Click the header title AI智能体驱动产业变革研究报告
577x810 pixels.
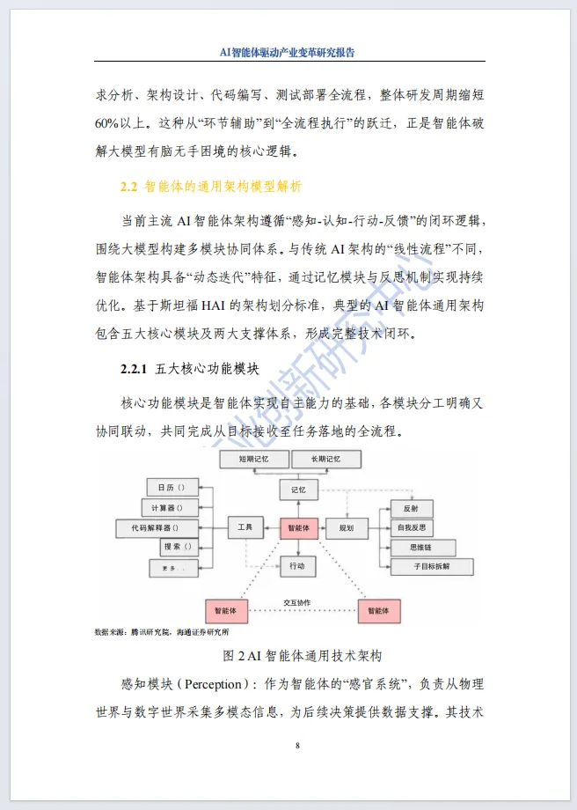pos(288,52)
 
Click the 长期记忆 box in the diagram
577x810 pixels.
pos(315,460)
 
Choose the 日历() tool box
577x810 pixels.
pos(172,488)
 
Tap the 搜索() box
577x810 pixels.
pos(176,547)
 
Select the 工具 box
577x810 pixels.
pos(245,527)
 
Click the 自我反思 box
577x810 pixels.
pos(411,527)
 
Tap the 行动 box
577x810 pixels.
pos(297,566)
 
